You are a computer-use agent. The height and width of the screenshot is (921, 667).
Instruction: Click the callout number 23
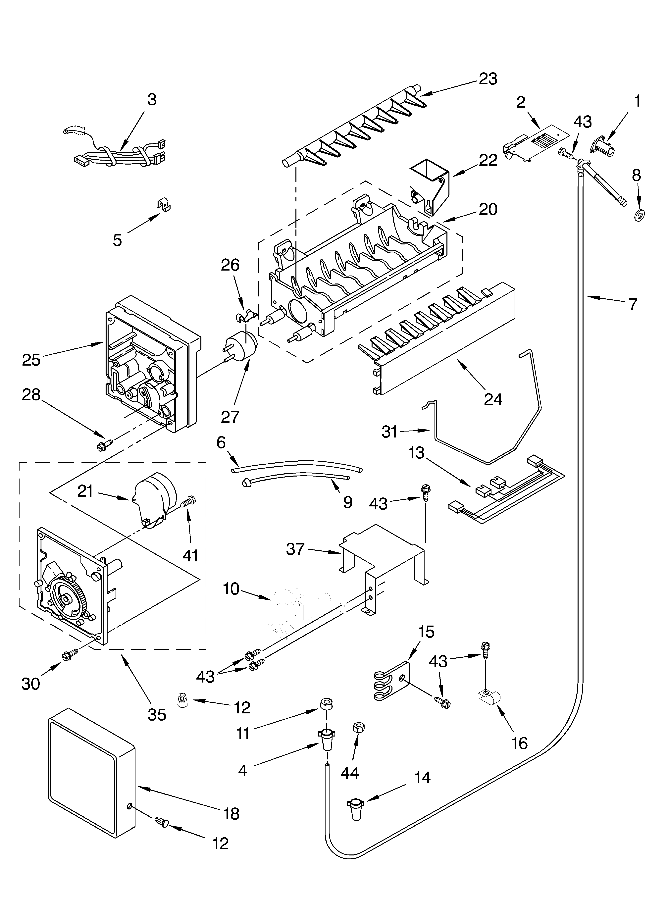(x=488, y=79)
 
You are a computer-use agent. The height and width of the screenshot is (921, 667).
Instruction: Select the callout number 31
(x=389, y=432)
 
